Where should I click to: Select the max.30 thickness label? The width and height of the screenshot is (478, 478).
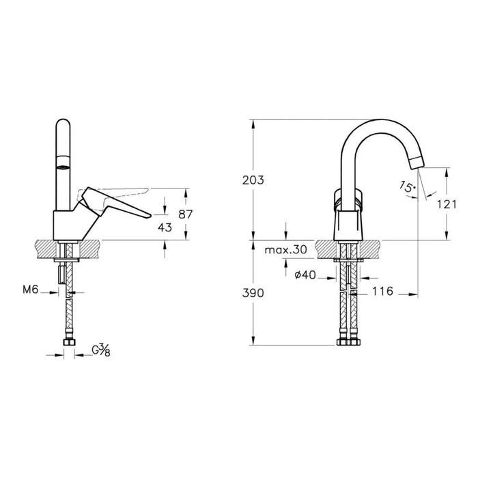click(x=285, y=251)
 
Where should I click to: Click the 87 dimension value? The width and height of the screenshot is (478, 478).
click(x=185, y=214)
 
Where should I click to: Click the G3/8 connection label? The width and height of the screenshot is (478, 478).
click(x=100, y=351)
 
